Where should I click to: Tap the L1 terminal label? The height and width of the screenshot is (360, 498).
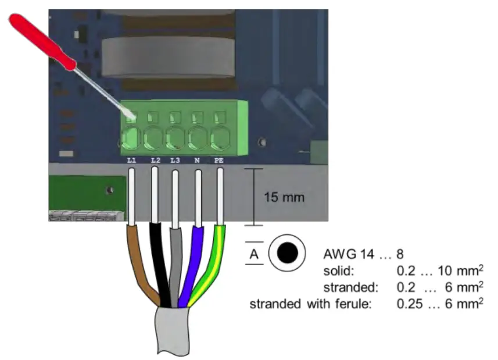click(131, 160)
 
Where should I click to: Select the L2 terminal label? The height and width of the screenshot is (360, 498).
click(155, 160)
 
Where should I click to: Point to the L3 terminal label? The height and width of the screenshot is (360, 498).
click(175, 160)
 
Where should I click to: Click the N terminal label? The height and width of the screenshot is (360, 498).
click(198, 160)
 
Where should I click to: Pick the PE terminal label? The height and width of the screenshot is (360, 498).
click(219, 160)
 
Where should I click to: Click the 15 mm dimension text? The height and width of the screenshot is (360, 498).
click(284, 197)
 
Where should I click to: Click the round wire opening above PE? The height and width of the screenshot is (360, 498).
click(220, 138)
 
